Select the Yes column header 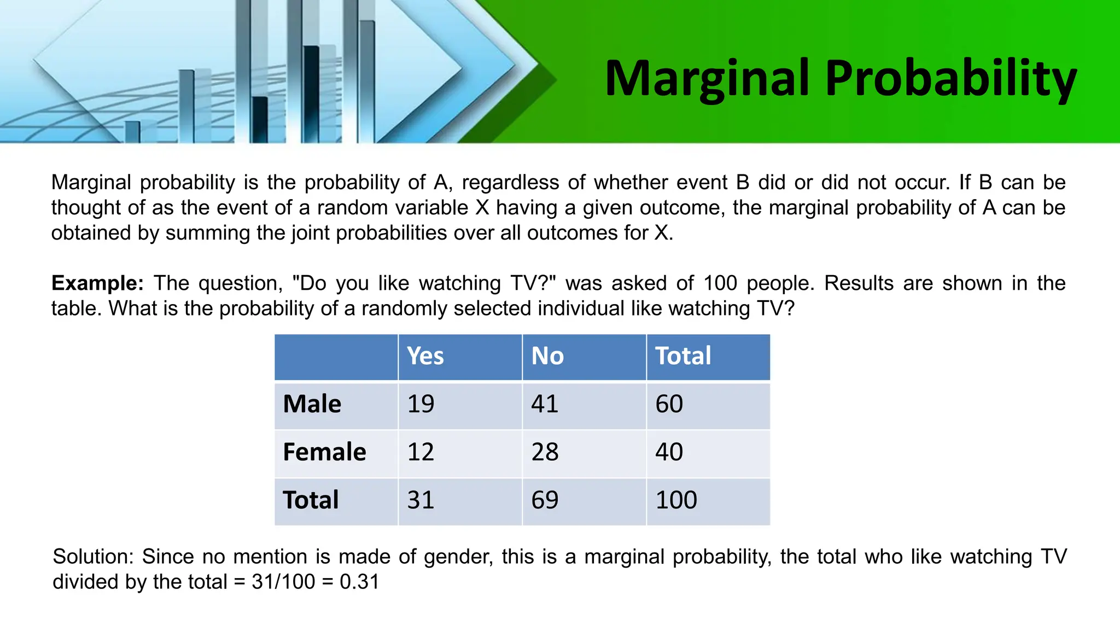[425, 355]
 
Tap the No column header [547, 355]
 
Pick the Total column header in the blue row [683, 355]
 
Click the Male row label [312, 404]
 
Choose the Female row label [324, 452]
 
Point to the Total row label [311, 500]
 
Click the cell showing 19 [421, 404]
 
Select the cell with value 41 [545, 404]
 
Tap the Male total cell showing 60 [669, 404]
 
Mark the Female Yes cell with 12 [421, 452]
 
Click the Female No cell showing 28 [545, 452]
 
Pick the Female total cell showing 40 [669, 452]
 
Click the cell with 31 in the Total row [421, 500]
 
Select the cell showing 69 [545, 500]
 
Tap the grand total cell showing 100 [676, 500]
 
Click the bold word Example [97, 283]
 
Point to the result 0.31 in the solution [359, 581]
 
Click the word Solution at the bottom [92, 557]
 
